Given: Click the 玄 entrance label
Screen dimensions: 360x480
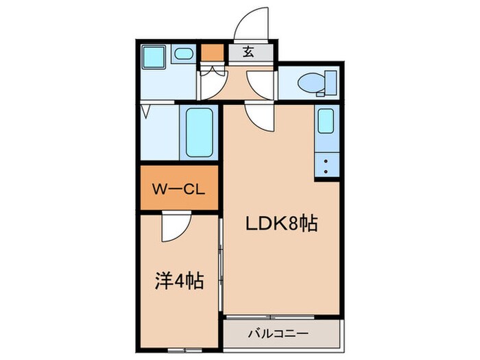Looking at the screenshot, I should (x=250, y=52).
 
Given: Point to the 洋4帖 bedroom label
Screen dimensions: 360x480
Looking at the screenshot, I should (x=177, y=280).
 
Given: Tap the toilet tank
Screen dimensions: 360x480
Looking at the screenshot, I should (x=330, y=83).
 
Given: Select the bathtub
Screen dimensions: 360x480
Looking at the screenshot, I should (x=201, y=132).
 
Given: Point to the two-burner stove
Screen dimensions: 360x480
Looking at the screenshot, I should (x=326, y=164).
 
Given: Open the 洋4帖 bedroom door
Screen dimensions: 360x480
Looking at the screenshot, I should (x=176, y=226).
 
